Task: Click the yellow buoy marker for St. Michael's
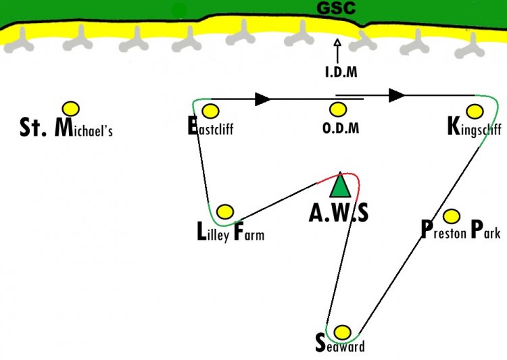click(x=71, y=109)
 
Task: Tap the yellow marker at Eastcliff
click(x=210, y=111)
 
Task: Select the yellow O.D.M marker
click(x=338, y=109)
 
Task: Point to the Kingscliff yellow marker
click(x=475, y=111)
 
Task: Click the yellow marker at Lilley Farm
click(x=224, y=212)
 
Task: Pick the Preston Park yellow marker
click(x=452, y=216)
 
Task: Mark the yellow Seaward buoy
click(x=342, y=332)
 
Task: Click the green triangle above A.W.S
click(x=340, y=185)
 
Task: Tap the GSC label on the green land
click(x=336, y=8)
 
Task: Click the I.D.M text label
click(x=341, y=72)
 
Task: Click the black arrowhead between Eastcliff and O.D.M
click(x=262, y=99)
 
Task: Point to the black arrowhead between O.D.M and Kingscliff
click(x=397, y=95)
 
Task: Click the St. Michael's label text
click(x=66, y=128)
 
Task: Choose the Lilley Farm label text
click(x=231, y=232)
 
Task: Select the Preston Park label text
click(x=461, y=230)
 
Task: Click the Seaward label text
click(x=340, y=343)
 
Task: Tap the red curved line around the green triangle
click(x=352, y=176)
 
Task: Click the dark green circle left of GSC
click(x=179, y=11)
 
